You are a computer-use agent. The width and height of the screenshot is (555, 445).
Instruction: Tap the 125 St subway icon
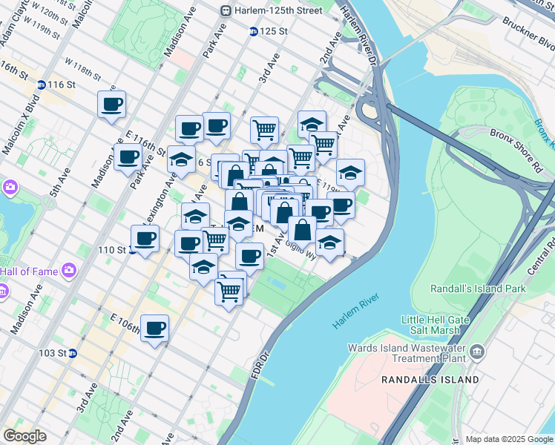click(x=253, y=32)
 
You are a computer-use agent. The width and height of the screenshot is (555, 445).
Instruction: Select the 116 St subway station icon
click(x=41, y=85)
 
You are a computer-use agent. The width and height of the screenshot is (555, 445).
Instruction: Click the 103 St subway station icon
click(x=72, y=353)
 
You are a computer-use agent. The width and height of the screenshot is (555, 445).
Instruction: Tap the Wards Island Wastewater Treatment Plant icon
click(x=476, y=349)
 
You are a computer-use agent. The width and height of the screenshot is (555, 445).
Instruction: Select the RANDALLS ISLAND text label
click(x=430, y=380)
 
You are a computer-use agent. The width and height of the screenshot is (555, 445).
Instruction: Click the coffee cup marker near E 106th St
click(x=154, y=328)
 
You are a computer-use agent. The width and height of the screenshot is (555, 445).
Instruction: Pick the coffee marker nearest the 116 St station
click(x=111, y=104)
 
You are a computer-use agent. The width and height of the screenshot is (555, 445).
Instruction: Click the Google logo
click(x=25, y=436)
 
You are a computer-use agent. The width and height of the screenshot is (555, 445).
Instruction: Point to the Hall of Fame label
click(x=29, y=271)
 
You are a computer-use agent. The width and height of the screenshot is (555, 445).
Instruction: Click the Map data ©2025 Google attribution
click(x=509, y=439)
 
